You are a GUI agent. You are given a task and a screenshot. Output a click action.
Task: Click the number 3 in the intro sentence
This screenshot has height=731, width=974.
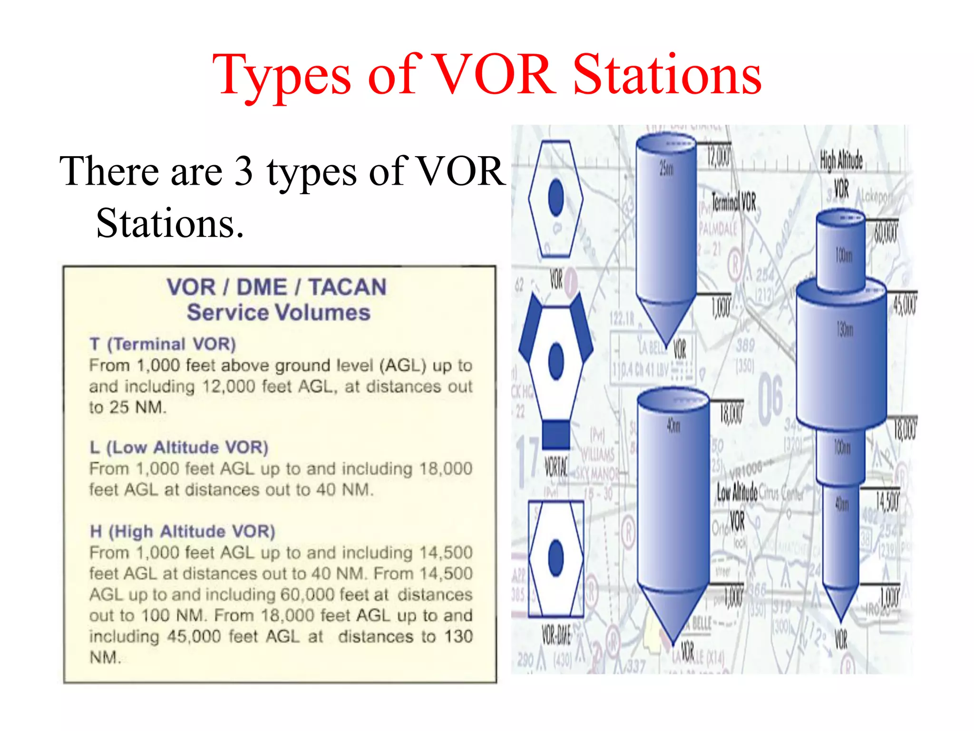(x=243, y=171)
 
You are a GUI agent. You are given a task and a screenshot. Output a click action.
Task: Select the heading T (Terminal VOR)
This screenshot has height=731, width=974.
(x=163, y=344)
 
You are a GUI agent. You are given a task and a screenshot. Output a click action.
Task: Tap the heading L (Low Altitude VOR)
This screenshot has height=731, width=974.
(x=179, y=447)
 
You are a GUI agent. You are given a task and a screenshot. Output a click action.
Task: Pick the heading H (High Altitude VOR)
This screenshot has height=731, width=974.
(x=183, y=531)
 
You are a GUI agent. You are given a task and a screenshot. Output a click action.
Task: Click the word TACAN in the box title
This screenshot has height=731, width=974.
(x=347, y=287)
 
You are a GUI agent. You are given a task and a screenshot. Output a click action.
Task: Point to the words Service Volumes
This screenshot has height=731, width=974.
(x=278, y=313)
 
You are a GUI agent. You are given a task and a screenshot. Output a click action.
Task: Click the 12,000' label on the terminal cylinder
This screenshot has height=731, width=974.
(x=718, y=157)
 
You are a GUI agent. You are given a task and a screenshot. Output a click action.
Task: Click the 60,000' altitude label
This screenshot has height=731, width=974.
(x=886, y=233)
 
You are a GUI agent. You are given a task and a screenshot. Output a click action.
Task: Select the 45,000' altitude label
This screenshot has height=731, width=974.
(x=905, y=305)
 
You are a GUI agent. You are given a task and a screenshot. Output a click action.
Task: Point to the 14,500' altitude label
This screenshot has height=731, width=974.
(x=887, y=502)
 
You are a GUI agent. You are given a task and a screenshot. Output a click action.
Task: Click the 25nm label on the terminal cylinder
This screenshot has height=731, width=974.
(x=666, y=168)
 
